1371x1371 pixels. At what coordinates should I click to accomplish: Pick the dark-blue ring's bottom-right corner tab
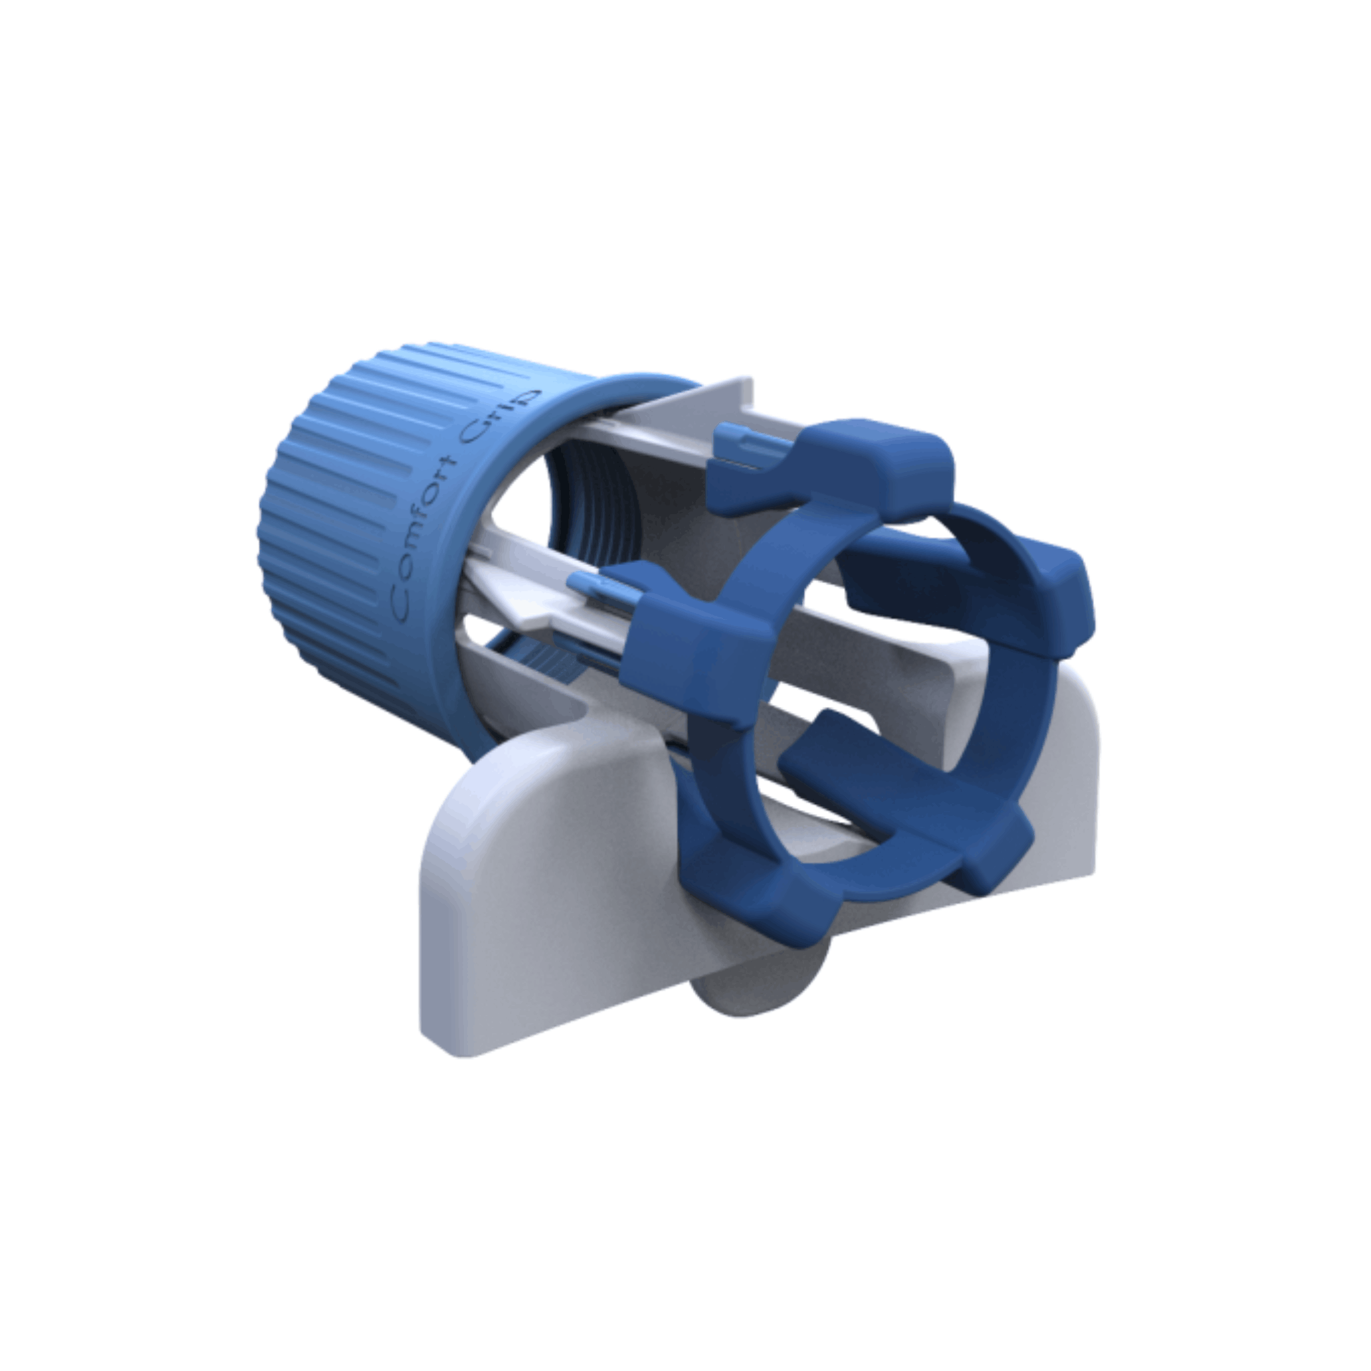[993, 848]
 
